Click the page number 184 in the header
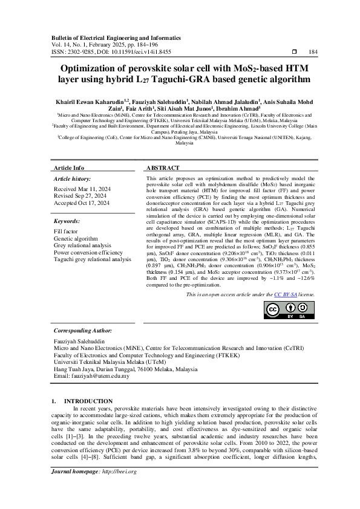coord(313,53)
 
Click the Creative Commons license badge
coord(290,310)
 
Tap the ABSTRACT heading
coord(163,167)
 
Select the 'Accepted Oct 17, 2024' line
coord(82,204)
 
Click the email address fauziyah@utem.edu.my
coord(91,376)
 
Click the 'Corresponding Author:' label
coord(83,331)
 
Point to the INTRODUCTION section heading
coord(88,401)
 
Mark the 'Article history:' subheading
coord(73,180)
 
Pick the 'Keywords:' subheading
coord(67,222)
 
